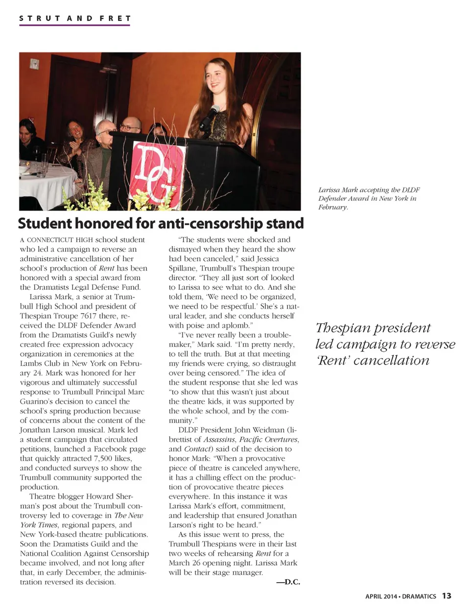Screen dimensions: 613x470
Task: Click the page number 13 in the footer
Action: [446, 596]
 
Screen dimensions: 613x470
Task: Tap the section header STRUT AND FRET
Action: [75, 19]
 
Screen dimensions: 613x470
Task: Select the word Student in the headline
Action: [45, 223]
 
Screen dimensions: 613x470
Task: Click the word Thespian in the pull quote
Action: [348, 328]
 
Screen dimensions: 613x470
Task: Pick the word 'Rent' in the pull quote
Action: [333, 361]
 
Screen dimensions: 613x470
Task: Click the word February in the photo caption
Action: [333, 207]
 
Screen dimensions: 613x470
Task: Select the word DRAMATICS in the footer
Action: [419, 596]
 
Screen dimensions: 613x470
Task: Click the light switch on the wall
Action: [34, 64]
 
